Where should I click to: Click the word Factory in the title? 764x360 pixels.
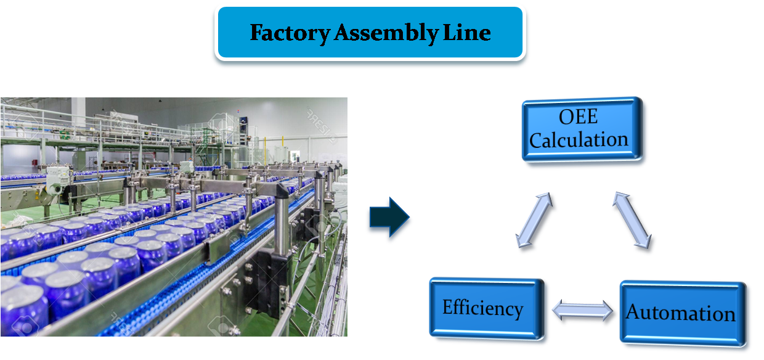[290, 33]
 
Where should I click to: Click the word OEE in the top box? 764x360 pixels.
[579, 117]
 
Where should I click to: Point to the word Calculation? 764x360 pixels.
[579, 139]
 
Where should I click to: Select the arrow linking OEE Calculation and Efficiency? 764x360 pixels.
[535, 223]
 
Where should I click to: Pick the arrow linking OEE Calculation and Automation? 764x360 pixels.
[633, 223]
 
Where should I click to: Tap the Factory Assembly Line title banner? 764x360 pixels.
[370, 32]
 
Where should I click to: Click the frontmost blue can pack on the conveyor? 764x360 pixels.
[25, 308]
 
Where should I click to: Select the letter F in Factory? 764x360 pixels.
[255, 33]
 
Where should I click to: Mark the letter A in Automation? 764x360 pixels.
[633, 313]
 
